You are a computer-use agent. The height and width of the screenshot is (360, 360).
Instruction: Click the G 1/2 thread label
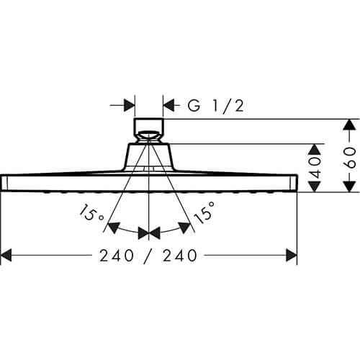216,105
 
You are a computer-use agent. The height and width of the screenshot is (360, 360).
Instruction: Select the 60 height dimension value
350,158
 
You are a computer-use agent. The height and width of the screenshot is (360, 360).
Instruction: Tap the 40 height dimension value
315,167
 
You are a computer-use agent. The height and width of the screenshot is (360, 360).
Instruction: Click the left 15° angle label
91,213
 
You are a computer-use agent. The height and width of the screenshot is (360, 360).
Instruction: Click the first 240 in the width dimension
117,256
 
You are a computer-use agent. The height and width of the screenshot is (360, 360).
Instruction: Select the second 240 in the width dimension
180,256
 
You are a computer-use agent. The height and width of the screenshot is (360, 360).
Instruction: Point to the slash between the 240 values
148,256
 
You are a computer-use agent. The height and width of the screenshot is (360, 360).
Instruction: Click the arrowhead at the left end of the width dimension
6,256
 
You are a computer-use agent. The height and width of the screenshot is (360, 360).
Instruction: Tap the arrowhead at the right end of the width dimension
292,256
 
